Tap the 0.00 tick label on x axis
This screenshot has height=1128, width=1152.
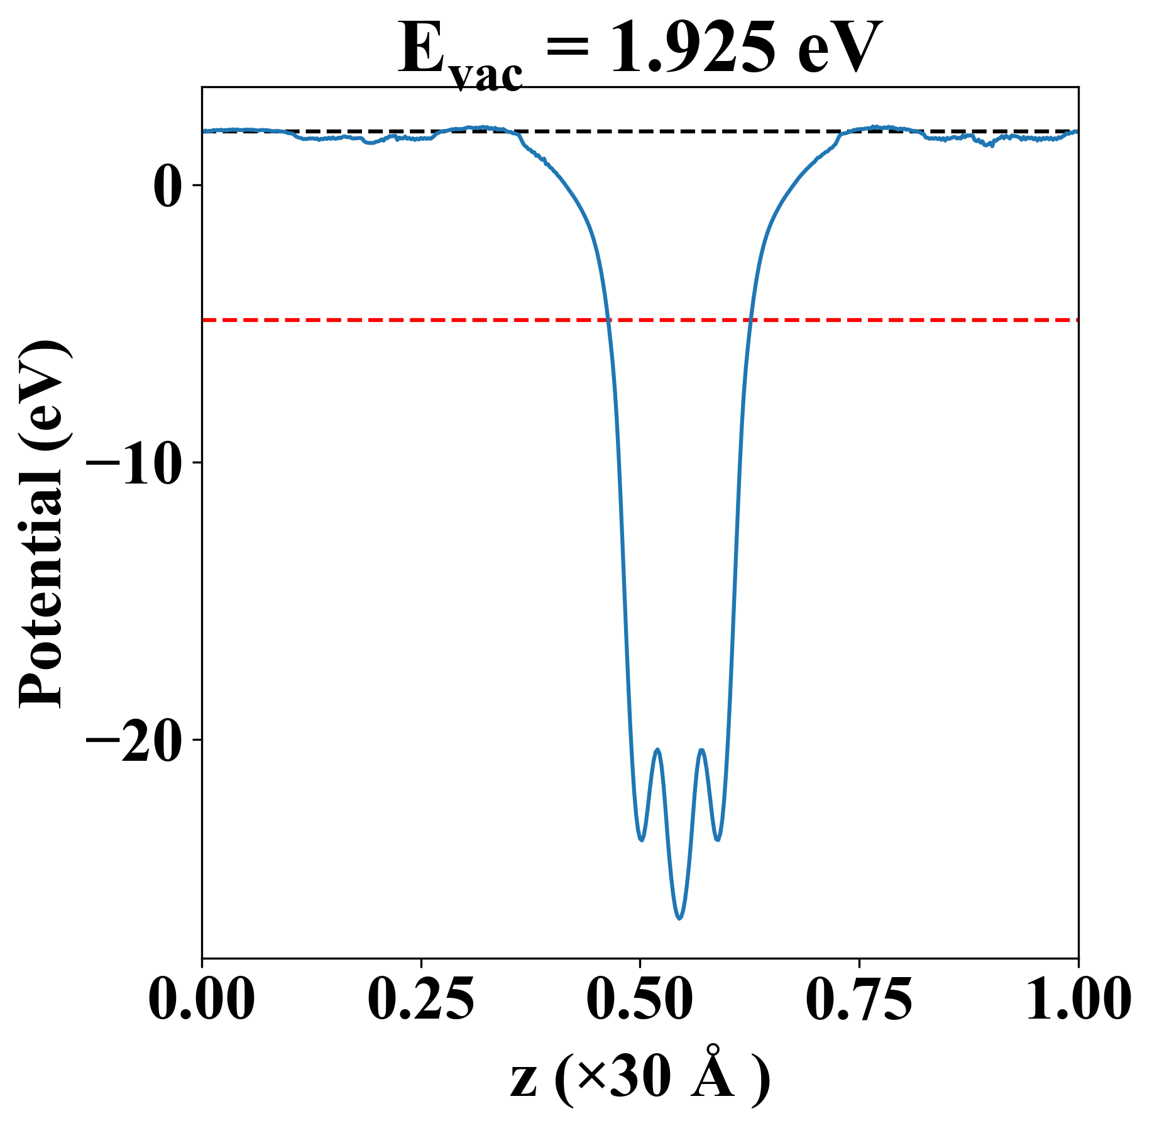coord(202,998)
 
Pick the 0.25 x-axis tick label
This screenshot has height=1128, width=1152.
coord(420,998)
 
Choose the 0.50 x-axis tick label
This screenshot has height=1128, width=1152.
coord(640,998)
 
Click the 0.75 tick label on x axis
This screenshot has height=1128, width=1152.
coord(859,998)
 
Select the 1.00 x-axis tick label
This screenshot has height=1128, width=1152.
coord(1077,998)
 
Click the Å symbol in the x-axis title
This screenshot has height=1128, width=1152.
coord(712,1076)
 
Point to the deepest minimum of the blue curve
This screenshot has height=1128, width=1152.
coord(679,918)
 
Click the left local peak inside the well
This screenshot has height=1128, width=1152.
coord(657,749)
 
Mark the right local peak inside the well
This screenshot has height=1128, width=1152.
coord(701,750)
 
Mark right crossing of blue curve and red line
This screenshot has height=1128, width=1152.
coord(750,320)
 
